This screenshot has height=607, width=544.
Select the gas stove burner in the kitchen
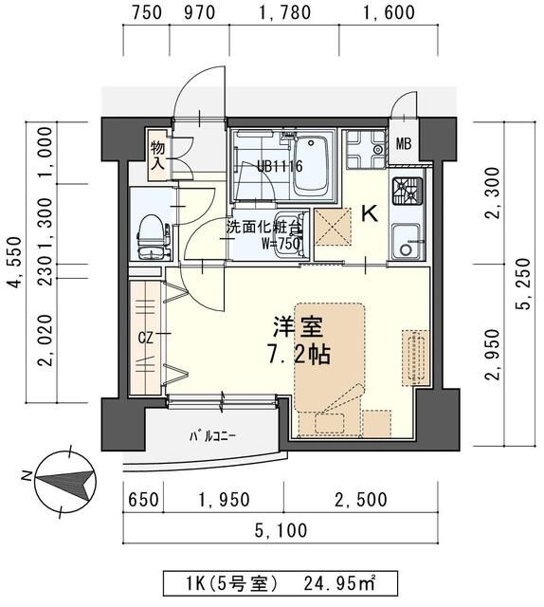pos(410,193)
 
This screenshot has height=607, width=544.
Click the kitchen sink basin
pos(408,244)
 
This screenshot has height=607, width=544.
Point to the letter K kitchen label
pos(372,214)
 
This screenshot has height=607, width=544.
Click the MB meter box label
pos(404,145)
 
